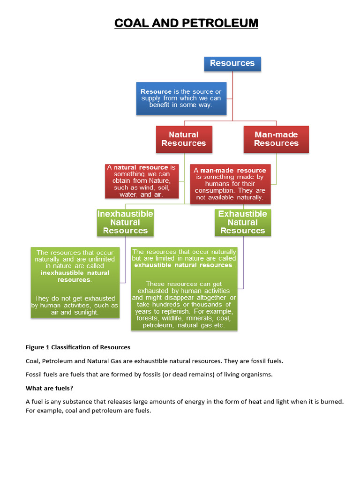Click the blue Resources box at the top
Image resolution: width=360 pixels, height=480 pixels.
click(232, 64)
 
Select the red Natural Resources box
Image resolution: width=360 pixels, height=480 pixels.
click(184, 139)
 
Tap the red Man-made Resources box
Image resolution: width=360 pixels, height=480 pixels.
click(276, 139)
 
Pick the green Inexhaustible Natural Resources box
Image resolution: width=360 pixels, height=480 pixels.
click(125, 222)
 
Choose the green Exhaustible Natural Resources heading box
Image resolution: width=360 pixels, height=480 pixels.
click(242, 222)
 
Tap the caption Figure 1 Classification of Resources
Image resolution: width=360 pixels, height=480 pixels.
click(78, 347)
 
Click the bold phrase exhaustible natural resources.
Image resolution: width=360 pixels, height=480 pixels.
click(183, 265)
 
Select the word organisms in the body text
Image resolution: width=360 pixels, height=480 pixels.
click(258, 375)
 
